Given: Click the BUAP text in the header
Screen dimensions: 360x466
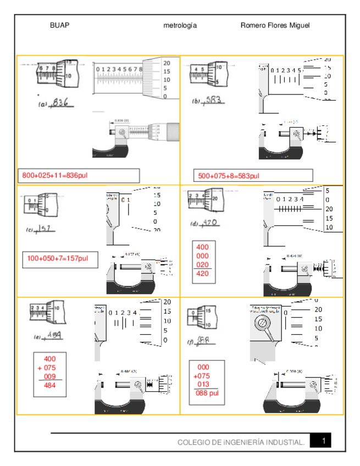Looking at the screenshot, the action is click(x=59, y=25).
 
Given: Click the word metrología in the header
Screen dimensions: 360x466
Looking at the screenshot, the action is click(x=180, y=25).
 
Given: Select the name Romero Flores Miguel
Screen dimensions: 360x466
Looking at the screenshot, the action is click(x=275, y=25).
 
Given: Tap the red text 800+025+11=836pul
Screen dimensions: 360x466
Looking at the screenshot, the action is click(x=55, y=176).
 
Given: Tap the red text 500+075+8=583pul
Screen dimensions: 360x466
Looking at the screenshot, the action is click(x=229, y=176).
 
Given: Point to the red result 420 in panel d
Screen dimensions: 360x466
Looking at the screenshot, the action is click(x=202, y=273).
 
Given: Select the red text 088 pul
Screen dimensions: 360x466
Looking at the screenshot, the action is click(x=207, y=393).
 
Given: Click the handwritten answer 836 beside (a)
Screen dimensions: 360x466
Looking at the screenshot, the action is click(x=61, y=103).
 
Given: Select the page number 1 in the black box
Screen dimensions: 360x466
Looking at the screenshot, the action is click(x=324, y=441).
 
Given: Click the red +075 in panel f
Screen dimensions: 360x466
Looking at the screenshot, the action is click(x=202, y=376).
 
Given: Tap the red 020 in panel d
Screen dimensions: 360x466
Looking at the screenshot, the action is click(x=202, y=264).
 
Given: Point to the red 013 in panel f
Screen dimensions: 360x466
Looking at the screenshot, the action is click(x=203, y=385).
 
